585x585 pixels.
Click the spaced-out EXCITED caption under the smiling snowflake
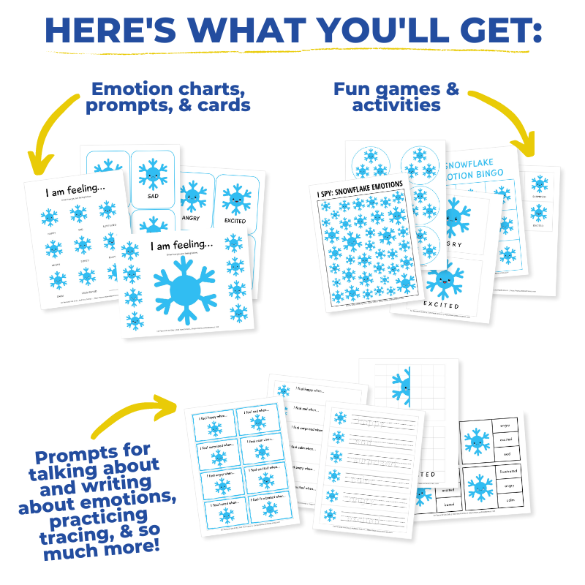(x=442, y=305)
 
